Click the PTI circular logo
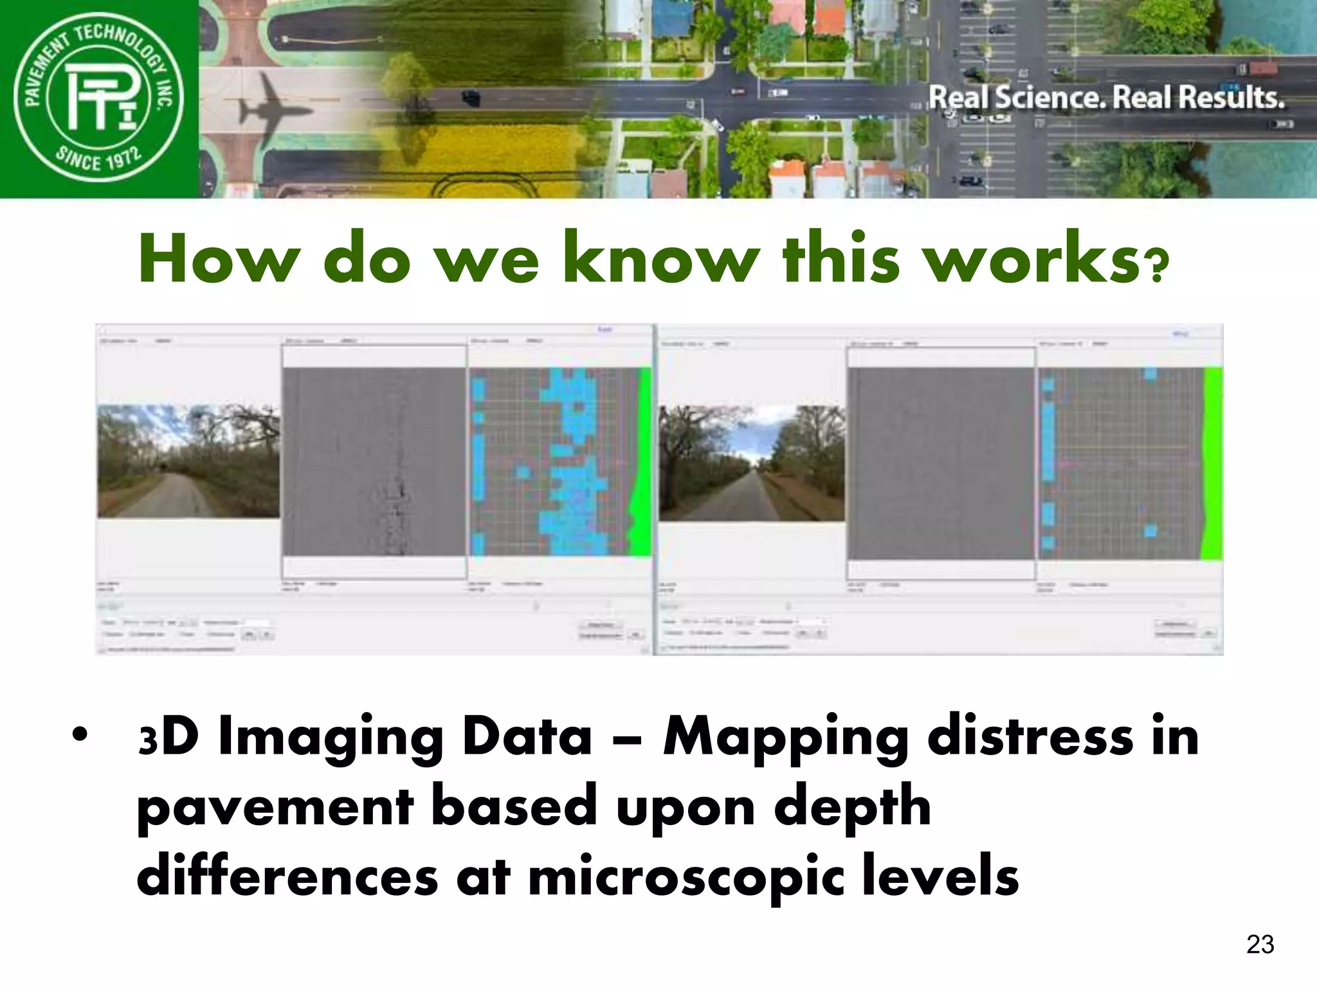[98, 98]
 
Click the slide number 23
[1260, 945]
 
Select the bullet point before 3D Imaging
[79, 735]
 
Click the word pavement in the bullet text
[276, 808]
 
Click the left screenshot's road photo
[188, 461]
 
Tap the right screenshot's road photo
[752, 463]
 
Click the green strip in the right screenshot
[1213, 463]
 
